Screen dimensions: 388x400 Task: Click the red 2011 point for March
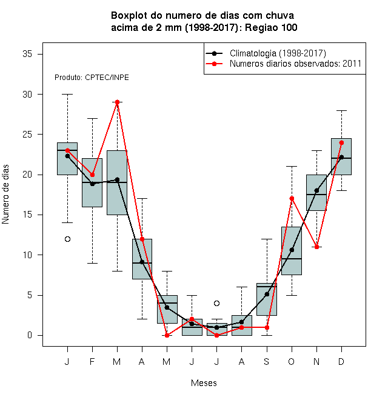117,102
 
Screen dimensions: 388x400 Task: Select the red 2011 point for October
292,198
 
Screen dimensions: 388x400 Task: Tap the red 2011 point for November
317,247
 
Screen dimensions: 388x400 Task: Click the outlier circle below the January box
67,239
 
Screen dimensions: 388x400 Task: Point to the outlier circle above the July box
216,303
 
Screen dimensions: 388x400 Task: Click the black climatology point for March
117,180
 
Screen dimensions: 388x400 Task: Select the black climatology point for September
267,295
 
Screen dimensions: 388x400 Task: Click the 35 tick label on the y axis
27,54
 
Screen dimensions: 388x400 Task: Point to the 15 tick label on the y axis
27,215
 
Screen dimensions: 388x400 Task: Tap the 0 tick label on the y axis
30,335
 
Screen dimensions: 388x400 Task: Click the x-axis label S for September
267,362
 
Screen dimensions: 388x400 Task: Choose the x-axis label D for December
341,362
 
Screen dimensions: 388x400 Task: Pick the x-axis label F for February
92,362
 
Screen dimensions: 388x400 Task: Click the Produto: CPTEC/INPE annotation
92,78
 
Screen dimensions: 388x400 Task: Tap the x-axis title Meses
204,383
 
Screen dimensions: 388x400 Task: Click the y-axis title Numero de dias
5,195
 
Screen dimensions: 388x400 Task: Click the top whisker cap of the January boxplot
67,94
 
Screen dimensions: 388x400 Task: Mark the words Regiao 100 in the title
271,27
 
